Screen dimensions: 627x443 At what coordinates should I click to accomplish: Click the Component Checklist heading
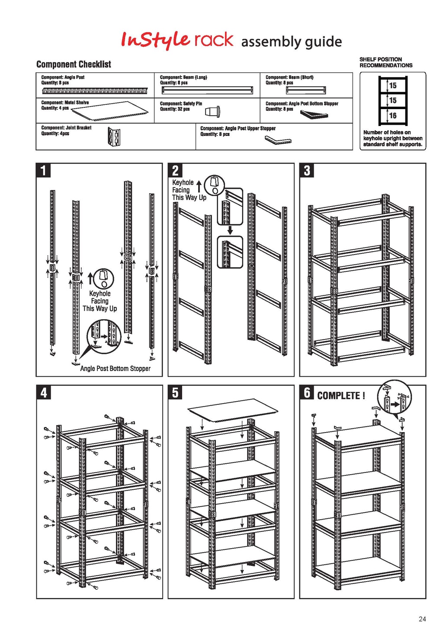coord(74,65)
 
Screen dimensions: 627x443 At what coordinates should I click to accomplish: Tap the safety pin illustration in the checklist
coord(213,112)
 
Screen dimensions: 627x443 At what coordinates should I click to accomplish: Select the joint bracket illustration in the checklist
coord(114,137)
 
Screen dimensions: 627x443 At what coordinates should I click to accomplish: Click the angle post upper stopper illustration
coord(278,140)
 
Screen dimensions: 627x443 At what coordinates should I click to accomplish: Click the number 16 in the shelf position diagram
coord(393,116)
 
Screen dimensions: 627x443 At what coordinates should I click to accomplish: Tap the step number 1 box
coord(43,170)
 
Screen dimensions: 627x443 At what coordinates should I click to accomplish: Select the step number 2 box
coord(175,170)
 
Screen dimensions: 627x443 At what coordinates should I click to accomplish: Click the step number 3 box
coord(307,170)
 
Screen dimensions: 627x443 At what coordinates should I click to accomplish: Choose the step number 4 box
coord(43,392)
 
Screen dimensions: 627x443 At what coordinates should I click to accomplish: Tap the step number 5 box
coord(175,392)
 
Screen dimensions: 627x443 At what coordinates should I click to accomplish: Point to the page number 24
coord(422,619)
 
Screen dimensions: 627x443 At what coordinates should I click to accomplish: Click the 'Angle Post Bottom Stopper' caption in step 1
coord(115,368)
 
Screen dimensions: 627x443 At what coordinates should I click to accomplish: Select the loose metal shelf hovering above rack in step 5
coord(233,409)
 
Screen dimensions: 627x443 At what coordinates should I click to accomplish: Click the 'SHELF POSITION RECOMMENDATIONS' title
coord(385,62)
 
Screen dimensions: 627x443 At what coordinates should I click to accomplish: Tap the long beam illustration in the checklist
coord(207,90)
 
